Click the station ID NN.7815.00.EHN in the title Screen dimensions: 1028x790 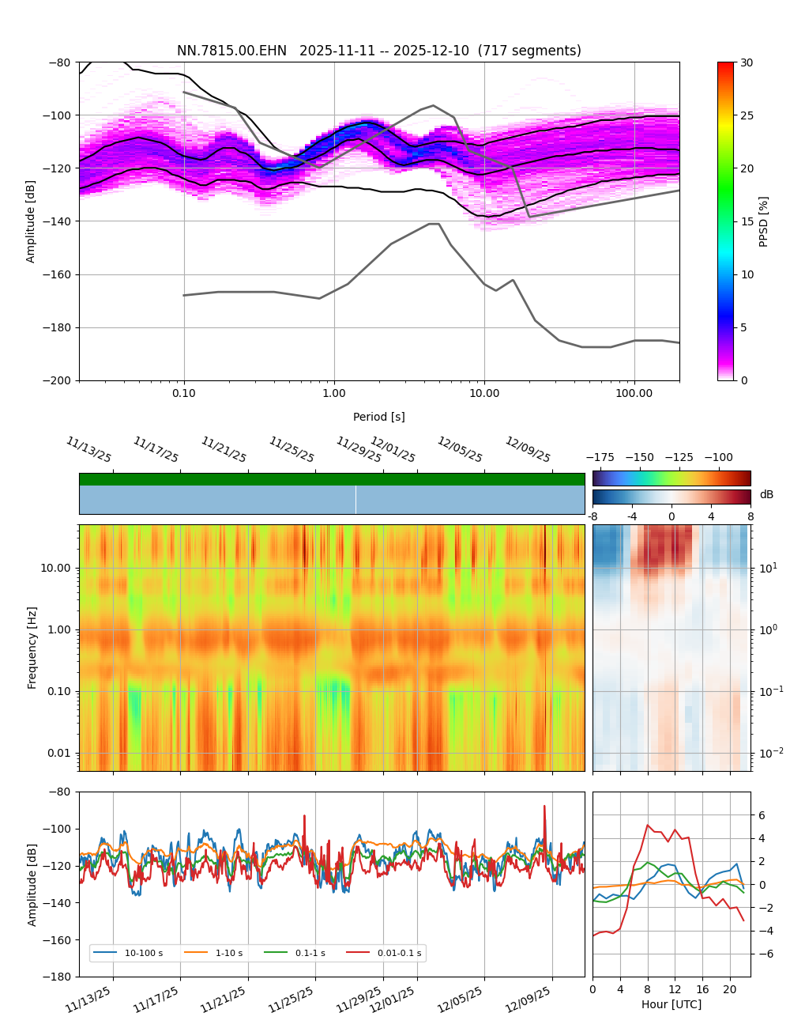[232, 51]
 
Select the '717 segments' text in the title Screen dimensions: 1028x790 [534, 51]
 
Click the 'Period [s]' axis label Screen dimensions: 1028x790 [379, 417]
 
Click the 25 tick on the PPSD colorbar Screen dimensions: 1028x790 [746, 115]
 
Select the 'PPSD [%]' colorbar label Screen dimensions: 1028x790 [764, 221]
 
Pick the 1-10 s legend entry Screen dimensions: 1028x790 [229, 953]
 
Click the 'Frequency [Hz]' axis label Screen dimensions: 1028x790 [32, 648]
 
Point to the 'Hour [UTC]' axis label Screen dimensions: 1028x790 [671, 1004]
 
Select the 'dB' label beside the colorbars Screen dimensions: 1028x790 [766, 494]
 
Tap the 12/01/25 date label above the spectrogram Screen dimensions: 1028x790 [393, 450]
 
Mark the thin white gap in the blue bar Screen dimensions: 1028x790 [355, 500]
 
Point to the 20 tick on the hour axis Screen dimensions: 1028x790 [729, 989]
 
